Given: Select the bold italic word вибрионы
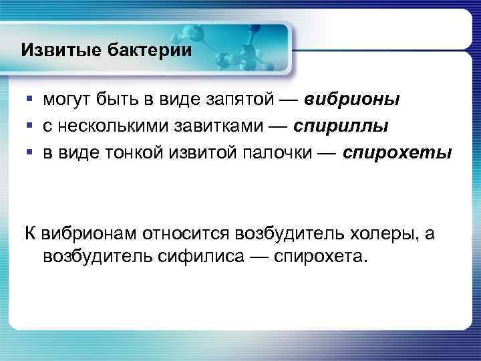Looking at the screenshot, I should coord(353,100).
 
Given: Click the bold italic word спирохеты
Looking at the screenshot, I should coord(397,153).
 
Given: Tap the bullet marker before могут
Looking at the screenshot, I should coord(29,100).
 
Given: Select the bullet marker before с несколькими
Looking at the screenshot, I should coord(29,126).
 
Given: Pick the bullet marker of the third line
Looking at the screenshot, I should coord(29,153).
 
